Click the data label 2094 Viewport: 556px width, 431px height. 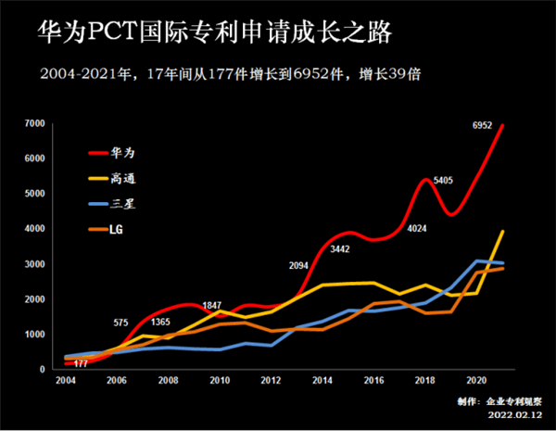click(x=298, y=266)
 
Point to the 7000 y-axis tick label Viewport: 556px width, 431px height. click(x=35, y=123)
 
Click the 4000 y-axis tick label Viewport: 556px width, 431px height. click(x=35, y=229)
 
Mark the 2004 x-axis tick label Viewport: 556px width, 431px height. click(x=65, y=381)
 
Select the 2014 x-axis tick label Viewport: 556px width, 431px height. click(x=322, y=381)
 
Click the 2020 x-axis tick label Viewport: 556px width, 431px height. click(x=477, y=381)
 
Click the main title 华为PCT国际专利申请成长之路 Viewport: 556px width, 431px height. click(x=214, y=34)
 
